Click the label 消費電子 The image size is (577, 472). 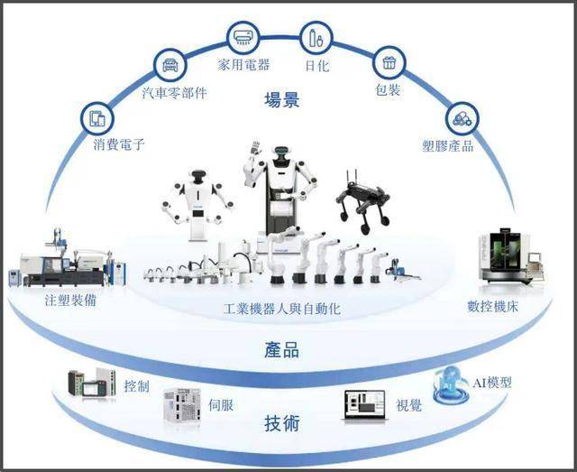point(119,144)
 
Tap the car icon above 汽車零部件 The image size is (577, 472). point(168,66)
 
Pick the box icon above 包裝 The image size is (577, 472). point(389,63)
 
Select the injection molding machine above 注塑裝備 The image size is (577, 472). point(68,260)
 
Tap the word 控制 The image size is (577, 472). point(138,386)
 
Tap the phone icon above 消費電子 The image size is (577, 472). point(96,117)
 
